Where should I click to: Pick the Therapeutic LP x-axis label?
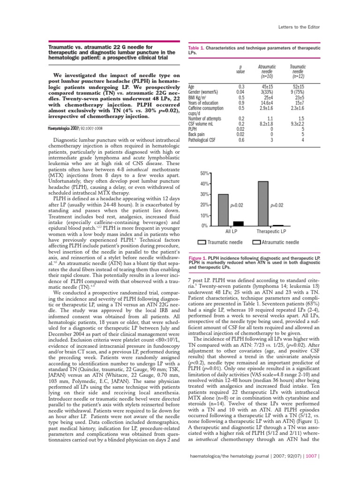tap(271, 232)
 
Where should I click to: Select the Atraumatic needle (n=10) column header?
tap(268, 71)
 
